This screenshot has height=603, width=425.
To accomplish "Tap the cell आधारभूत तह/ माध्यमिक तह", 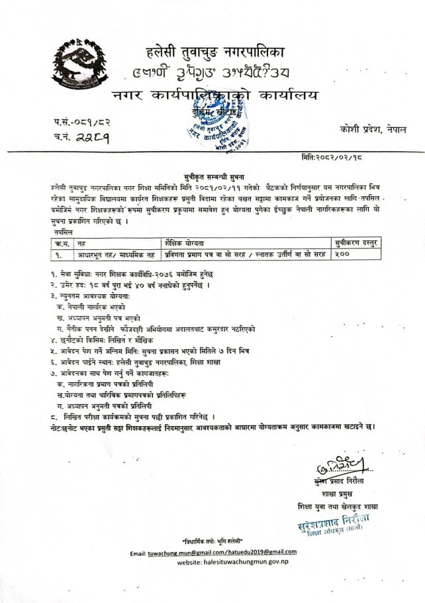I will (x=109, y=235).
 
